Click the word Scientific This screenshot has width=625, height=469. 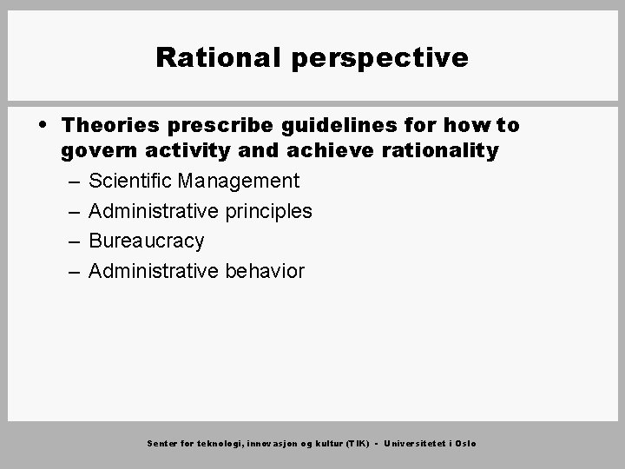[x=130, y=181]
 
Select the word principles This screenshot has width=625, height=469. [x=269, y=211]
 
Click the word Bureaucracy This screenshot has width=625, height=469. [x=147, y=241]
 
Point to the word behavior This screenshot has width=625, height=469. [x=265, y=271]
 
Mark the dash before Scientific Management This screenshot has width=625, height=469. [x=70, y=182]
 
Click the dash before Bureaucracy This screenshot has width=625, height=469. [x=70, y=241]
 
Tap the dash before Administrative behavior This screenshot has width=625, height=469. [x=70, y=272]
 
